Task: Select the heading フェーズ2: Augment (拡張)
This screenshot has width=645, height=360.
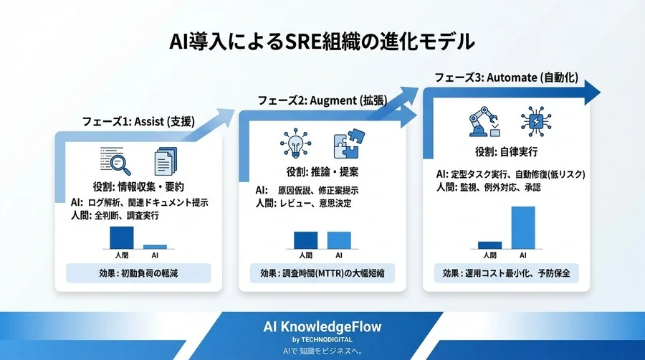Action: click(x=322, y=100)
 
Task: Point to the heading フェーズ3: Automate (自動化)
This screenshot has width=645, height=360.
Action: click(x=507, y=77)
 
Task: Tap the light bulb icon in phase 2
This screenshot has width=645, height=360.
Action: click(x=294, y=144)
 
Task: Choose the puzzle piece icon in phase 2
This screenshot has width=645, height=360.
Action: click(x=348, y=144)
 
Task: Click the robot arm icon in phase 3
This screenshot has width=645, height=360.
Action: click(x=481, y=123)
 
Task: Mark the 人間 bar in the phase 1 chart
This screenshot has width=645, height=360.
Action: click(x=121, y=237)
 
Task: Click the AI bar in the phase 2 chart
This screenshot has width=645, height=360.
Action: click(x=339, y=240)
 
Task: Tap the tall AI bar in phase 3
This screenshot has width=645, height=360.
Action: click(x=522, y=227)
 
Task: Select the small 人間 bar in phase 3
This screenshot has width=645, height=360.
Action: click(x=489, y=245)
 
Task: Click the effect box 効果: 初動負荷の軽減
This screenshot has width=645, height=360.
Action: click(x=138, y=273)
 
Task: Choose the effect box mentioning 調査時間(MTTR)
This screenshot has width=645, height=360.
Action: click(x=322, y=273)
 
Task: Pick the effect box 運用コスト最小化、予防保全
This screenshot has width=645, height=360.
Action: click(x=506, y=273)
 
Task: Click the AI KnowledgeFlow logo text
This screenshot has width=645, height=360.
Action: click(x=322, y=327)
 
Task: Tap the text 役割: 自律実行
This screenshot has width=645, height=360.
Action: click(x=506, y=152)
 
